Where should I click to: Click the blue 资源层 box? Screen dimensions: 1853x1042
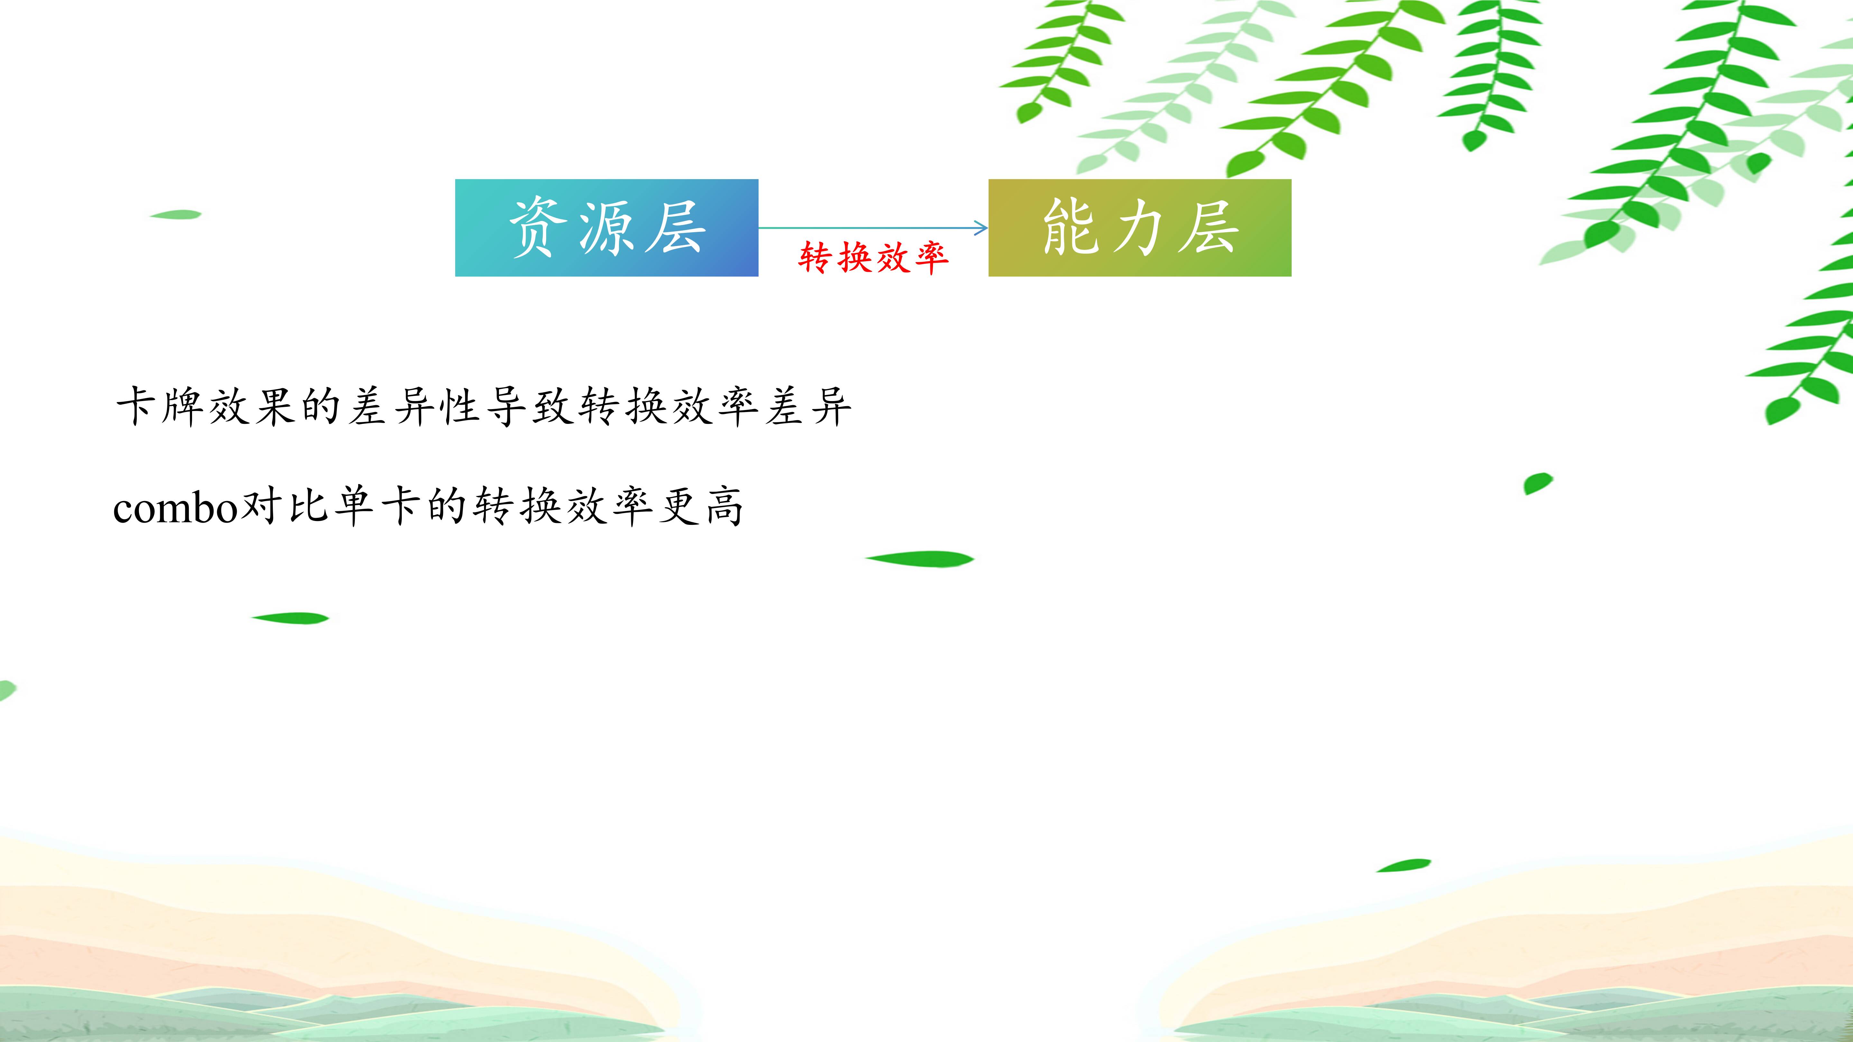[606, 227]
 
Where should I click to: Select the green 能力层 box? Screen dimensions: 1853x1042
[1139, 227]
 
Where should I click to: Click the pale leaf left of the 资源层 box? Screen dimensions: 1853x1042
[176, 214]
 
